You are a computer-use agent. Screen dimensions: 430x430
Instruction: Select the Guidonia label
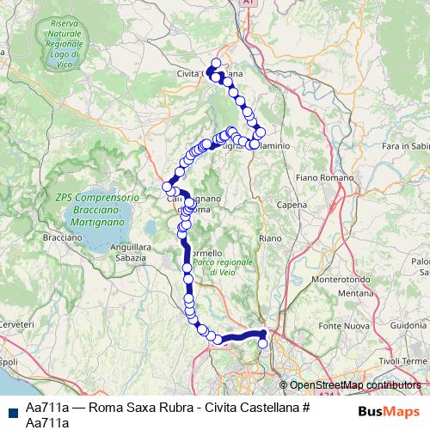(411, 327)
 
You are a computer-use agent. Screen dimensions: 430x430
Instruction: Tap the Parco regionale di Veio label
(235, 267)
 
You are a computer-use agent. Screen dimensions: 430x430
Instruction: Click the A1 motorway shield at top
(249, 3)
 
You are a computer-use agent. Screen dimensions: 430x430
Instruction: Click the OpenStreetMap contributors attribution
(354, 385)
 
